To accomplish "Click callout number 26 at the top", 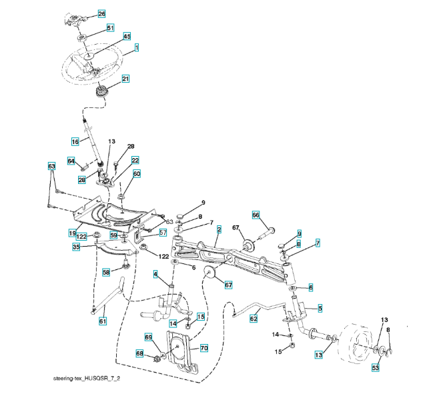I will pos(101,13).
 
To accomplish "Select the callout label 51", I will pos(109,28).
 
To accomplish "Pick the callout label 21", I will pos(125,79).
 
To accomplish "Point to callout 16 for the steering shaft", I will pos(75,141).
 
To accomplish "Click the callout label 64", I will pos(71,161).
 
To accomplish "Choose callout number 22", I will pos(135,161).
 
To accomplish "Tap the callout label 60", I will pos(137,174).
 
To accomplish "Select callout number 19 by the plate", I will pos(71,233).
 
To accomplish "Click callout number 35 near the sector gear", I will pos(76,246).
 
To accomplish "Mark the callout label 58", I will pos(106,272).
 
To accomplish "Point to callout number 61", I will pos(102,322).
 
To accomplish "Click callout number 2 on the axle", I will pos(218,229).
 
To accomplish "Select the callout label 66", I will pos(255,215).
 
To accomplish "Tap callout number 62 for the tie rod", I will pos(253,319).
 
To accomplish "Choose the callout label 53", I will pos(375,367).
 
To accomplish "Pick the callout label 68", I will pos(140,353).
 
